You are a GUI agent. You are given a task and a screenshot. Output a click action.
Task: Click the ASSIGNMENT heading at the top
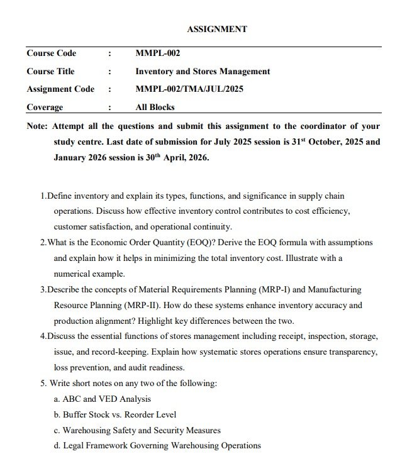(217, 29)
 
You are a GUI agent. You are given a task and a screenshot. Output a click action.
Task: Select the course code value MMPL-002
(158, 53)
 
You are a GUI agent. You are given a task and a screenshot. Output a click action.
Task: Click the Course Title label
(50, 71)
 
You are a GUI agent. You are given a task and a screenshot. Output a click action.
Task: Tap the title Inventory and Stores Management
(203, 71)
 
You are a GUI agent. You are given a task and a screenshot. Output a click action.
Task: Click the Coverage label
(45, 107)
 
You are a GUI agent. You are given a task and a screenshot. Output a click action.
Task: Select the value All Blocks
(155, 107)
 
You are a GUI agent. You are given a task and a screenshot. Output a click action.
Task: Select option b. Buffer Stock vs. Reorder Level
(115, 414)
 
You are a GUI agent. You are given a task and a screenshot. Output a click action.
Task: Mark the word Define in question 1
(60, 196)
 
